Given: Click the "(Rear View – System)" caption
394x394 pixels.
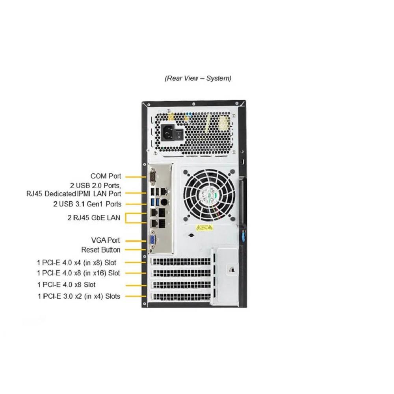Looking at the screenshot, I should click(198, 78).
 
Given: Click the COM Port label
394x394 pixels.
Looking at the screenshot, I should click(106, 176).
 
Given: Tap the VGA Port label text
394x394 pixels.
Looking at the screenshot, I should click(105, 240).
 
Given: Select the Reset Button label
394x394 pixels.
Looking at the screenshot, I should click(100, 249).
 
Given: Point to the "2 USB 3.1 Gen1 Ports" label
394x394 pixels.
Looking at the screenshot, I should click(87, 204).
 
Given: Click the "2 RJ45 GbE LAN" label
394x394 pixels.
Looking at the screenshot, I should click(94, 217).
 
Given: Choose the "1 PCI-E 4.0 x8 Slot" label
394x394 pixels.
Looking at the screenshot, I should click(67, 284).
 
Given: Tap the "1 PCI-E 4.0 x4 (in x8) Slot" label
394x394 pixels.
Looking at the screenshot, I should click(76, 262).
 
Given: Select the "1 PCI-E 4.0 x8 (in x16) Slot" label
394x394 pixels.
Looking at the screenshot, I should click(78, 273).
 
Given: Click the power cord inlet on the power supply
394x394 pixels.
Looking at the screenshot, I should click(168, 134).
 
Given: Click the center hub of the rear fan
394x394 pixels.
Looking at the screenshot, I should click(207, 193).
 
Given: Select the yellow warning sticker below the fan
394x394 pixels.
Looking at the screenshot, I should click(204, 227).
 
